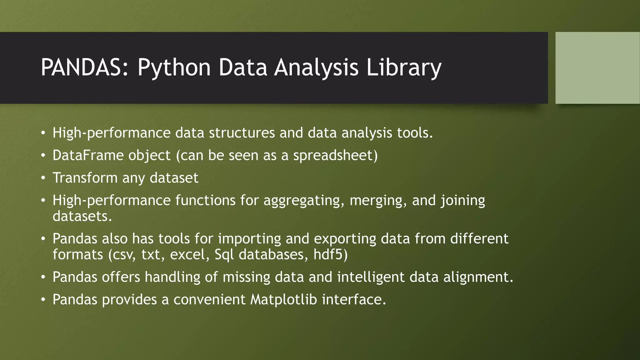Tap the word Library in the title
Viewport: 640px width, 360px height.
(x=403, y=67)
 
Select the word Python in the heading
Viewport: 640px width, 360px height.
(x=174, y=67)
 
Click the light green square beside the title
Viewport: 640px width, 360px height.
(x=597, y=68)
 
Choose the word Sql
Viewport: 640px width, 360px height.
(x=224, y=255)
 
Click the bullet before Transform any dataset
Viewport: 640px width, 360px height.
(x=43, y=178)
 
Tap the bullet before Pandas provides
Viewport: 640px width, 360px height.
(x=43, y=300)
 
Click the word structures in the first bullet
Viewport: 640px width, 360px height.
(x=242, y=133)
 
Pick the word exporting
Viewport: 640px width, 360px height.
(x=345, y=239)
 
